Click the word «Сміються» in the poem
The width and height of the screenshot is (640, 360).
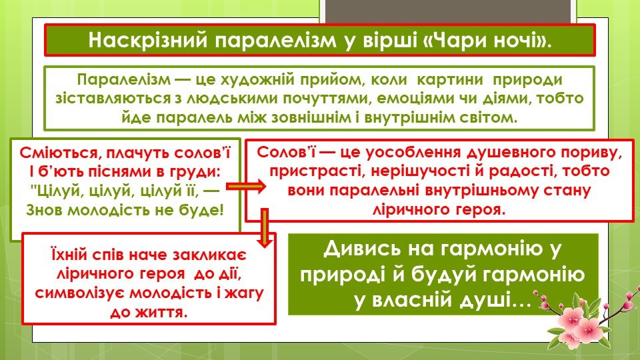[59, 153]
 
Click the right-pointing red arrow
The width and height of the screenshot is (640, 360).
[246, 187]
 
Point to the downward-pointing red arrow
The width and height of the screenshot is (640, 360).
[265, 228]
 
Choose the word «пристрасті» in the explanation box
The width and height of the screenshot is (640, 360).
[317, 171]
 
